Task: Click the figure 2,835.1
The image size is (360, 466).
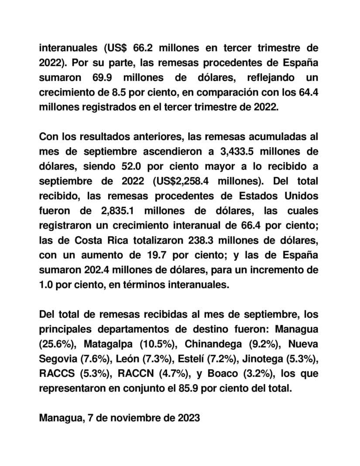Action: [x=114, y=211]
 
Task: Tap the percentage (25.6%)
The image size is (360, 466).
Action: [x=56, y=344]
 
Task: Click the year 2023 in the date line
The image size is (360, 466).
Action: [x=189, y=418]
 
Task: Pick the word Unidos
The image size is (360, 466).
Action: [x=301, y=196]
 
